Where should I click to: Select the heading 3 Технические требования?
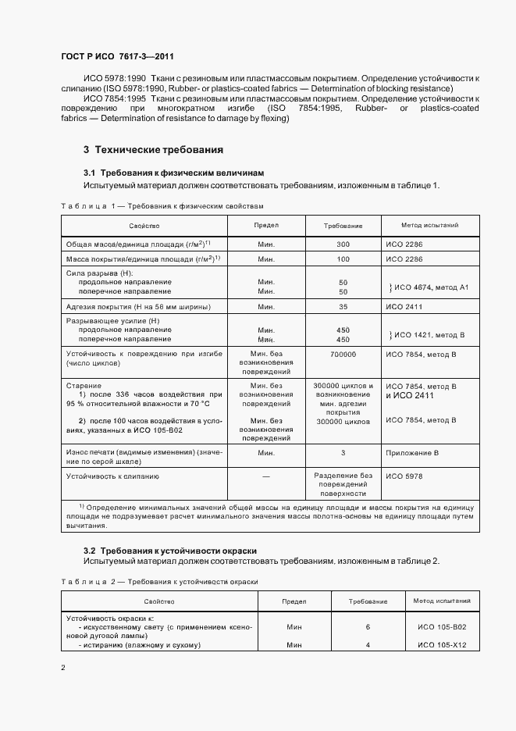click(x=154, y=149)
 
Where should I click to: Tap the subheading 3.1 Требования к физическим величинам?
click(x=173, y=173)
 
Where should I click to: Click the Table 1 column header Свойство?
click(x=144, y=225)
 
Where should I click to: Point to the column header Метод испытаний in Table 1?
click(x=429, y=225)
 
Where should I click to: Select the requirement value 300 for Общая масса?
click(x=343, y=244)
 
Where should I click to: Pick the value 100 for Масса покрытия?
click(x=343, y=259)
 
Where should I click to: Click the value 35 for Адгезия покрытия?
click(x=343, y=307)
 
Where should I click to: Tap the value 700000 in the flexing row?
click(x=343, y=354)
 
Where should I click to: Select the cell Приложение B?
click(x=412, y=452)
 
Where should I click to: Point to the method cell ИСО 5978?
click(x=404, y=475)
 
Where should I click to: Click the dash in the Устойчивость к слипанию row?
click(x=265, y=476)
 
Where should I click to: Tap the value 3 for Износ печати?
click(x=343, y=452)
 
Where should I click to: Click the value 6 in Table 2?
click(x=368, y=627)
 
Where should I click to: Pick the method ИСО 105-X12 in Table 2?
click(x=442, y=644)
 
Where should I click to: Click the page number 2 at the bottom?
click(x=62, y=668)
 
